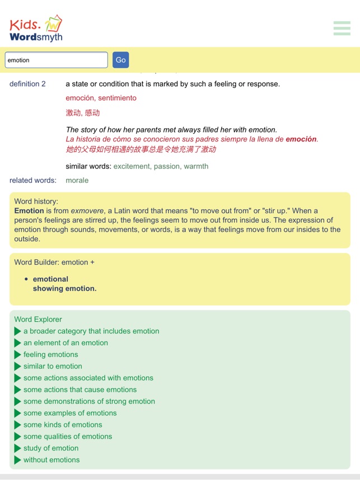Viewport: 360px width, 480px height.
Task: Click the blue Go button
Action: (x=120, y=60)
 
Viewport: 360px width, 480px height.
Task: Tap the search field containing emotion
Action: (x=56, y=60)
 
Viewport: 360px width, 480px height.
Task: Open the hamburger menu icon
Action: (x=342, y=28)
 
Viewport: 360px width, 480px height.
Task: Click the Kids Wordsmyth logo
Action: (x=36, y=29)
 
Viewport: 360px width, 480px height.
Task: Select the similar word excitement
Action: (x=132, y=166)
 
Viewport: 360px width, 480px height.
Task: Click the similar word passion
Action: (x=167, y=166)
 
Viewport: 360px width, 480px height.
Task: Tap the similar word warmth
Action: (x=196, y=166)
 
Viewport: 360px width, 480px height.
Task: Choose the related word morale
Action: (x=77, y=180)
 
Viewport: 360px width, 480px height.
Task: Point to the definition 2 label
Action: (x=27, y=84)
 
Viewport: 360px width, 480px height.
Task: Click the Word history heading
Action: (x=36, y=201)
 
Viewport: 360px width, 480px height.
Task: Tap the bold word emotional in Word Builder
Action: (x=50, y=279)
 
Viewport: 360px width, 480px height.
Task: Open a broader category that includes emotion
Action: (x=91, y=331)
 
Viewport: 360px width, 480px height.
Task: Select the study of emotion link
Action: (x=51, y=448)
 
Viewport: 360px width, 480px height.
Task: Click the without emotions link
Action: (x=52, y=460)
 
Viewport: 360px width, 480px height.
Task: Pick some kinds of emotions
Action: (x=63, y=425)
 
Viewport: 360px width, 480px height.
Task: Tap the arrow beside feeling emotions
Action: (x=18, y=355)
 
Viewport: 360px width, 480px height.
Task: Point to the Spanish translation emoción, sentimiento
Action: (x=101, y=98)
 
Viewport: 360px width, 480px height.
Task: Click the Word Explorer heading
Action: (x=38, y=319)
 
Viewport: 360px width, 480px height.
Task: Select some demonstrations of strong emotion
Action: (x=89, y=401)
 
